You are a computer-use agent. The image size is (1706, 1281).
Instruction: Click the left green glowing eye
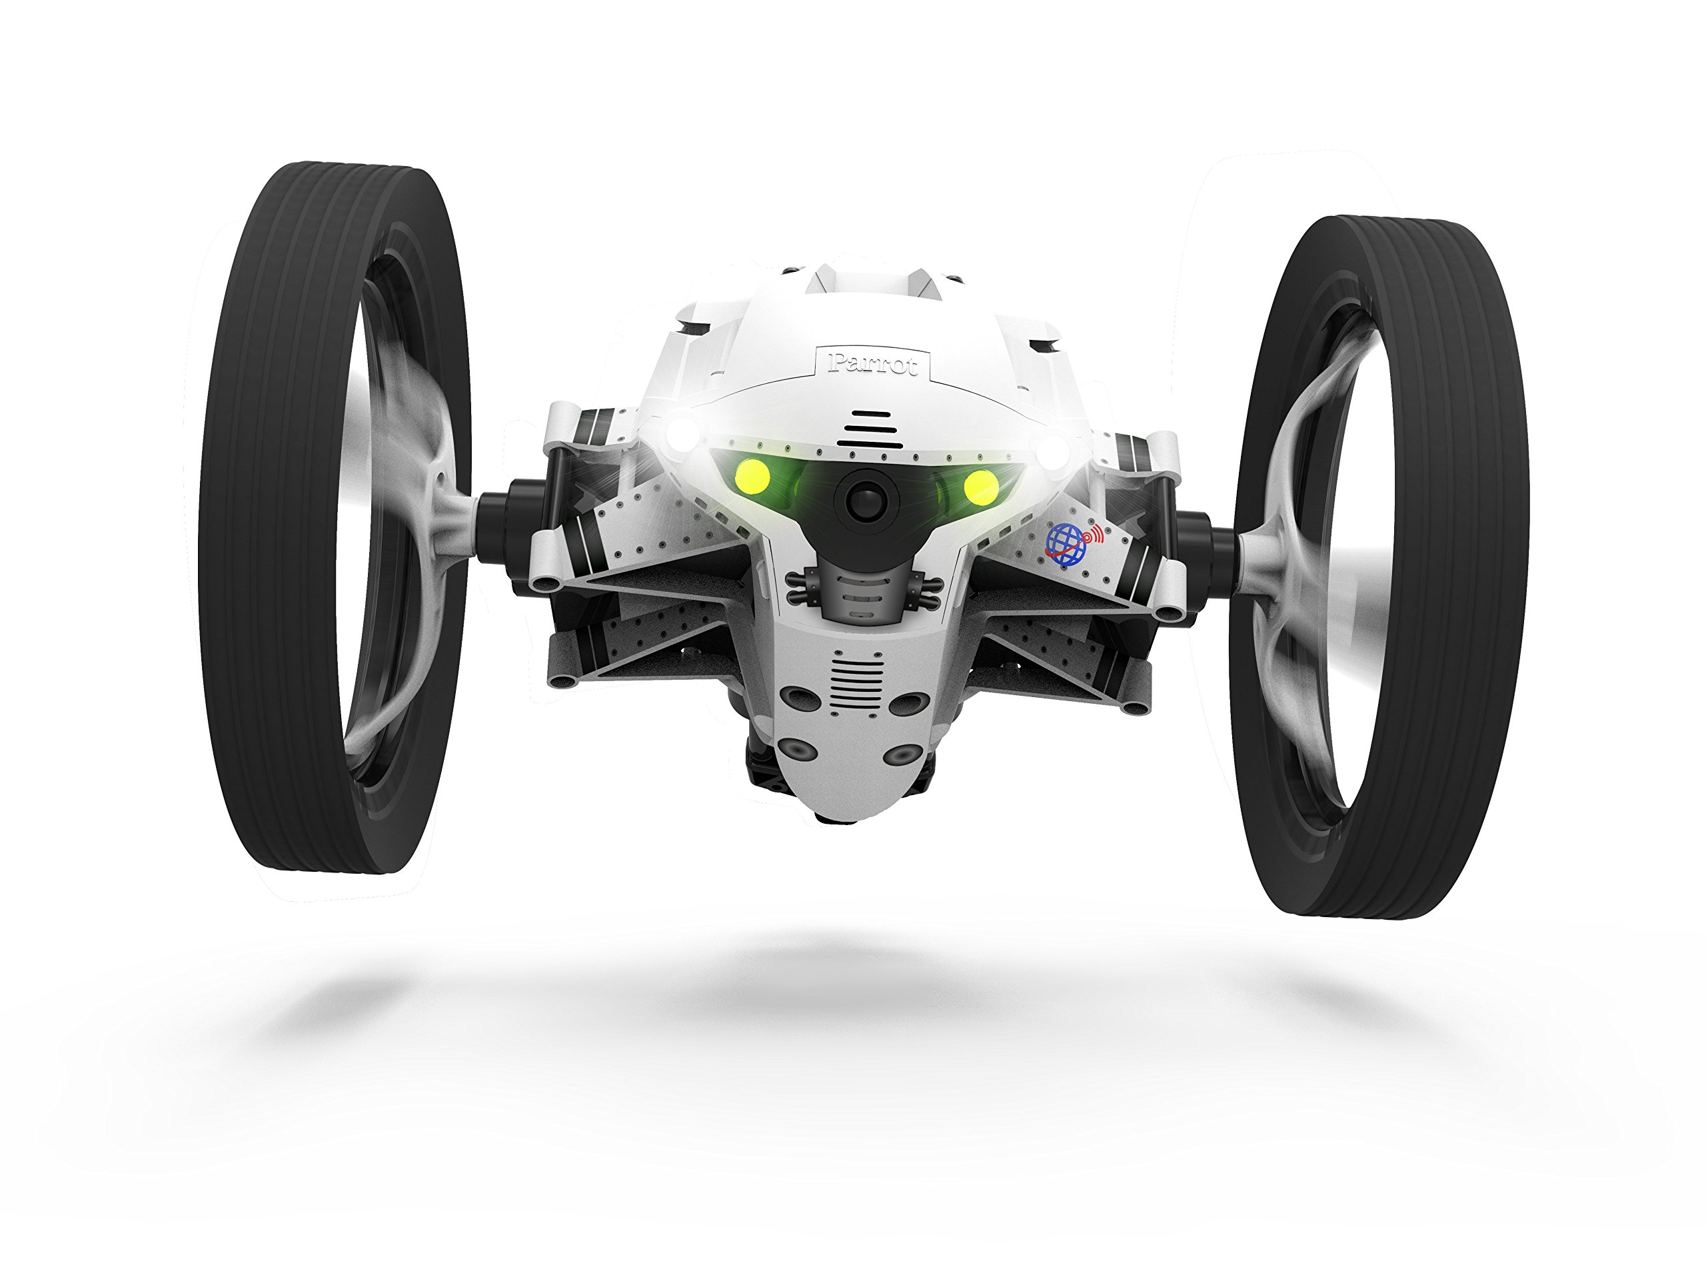[x=753, y=477]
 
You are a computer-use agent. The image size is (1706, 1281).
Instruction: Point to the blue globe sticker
[x=1065, y=540]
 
